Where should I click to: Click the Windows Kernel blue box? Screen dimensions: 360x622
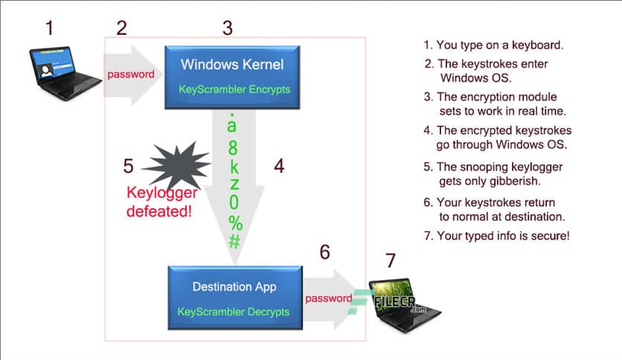[x=231, y=74]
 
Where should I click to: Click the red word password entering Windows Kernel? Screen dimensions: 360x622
[x=131, y=74]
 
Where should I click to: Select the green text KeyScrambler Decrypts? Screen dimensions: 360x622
[x=234, y=312]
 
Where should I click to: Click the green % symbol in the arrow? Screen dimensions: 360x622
[x=235, y=222]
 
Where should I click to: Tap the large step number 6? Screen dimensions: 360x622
[x=324, y=252]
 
